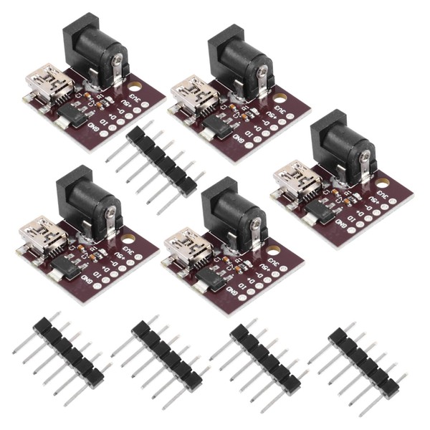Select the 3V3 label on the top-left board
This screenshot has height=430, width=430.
click(x=133, y=90)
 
